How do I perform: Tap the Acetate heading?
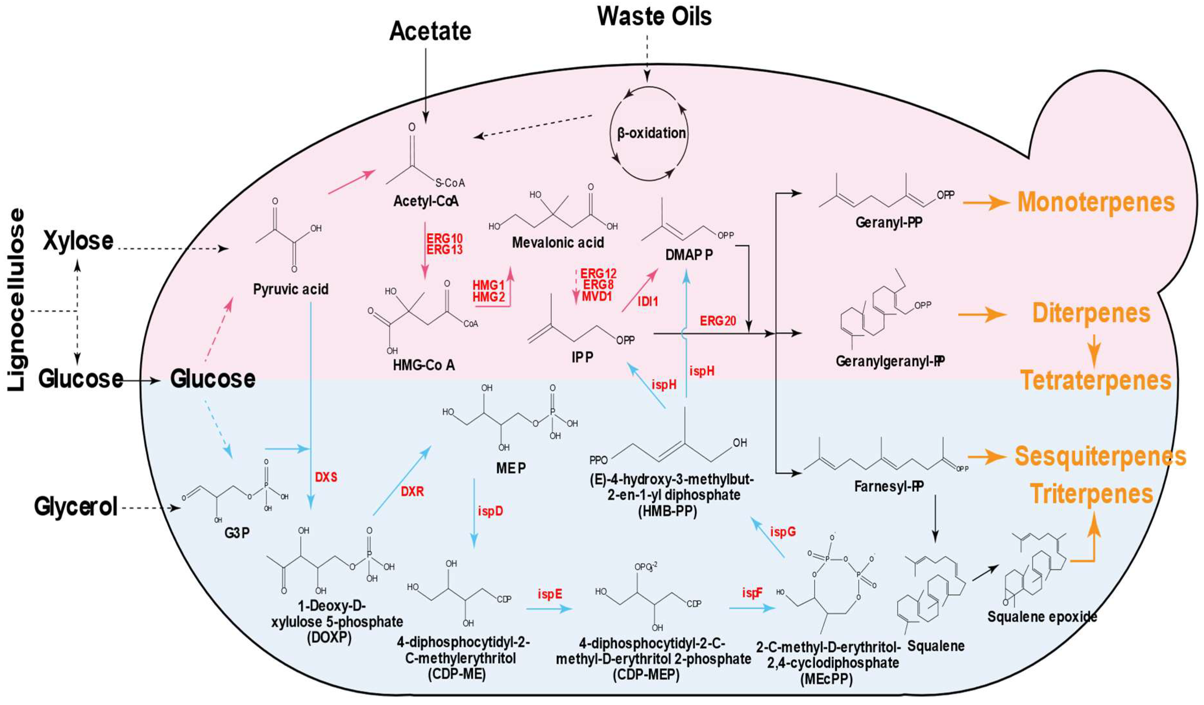click(x=430, y=31)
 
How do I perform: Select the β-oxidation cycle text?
click(x=651, y=133)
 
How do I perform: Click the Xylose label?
click(x=78, y=241)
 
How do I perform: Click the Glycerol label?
click(x=76, y=506)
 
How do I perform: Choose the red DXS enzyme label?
click(x=326, y=477)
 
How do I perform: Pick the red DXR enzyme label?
click(x=412, y=491)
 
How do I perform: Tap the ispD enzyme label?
click(x=490, y=511)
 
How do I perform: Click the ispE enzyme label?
click(x=550, y=594)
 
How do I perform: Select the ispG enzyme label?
click(x=782, y=531)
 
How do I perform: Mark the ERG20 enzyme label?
click(x=718, y=321)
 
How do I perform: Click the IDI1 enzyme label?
click(x=648, y=301)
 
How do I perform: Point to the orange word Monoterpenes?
click(x=1096, y=203)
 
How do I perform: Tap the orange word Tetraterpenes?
click(x=1096, y=381)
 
